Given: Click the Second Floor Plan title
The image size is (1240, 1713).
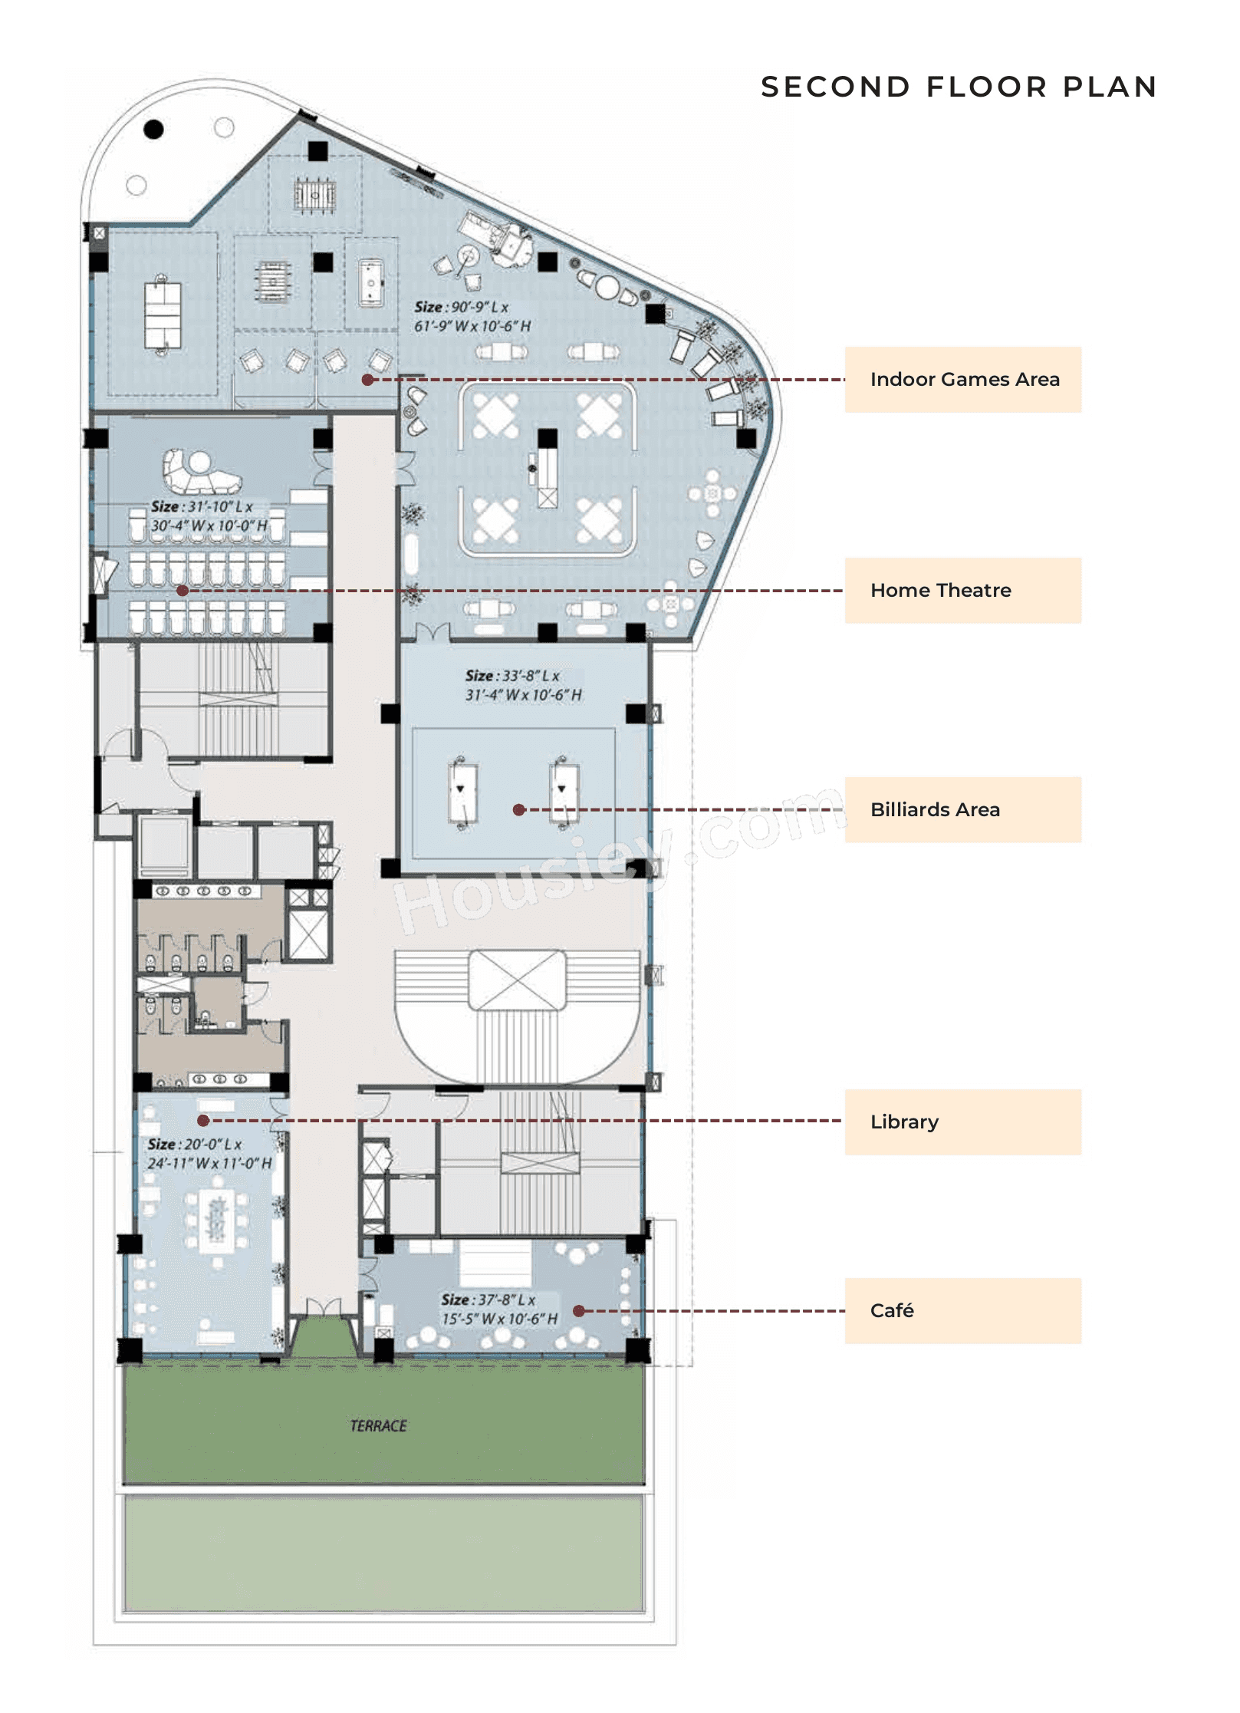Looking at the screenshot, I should click(959, 87).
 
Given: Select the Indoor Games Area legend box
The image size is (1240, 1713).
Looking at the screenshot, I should click(962, 379).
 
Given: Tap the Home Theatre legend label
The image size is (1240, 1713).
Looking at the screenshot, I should click(940, 590).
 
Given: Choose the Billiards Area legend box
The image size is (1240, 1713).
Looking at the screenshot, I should click(962, 809).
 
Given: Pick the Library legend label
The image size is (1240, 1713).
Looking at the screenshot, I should click(904, 1122).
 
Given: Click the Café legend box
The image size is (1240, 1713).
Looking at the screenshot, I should click(962, 1310).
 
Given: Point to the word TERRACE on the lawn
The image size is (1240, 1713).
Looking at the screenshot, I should click(378, 1425).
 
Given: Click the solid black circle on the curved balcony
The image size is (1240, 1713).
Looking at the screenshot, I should click(153, 129).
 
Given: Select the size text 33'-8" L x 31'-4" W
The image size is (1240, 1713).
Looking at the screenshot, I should click(523, 685).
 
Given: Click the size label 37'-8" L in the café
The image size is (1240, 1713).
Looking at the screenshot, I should click(488, 1300).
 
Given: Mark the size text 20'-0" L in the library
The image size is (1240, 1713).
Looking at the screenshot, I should click(195, 1144).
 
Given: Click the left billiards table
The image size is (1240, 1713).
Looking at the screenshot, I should click(462, 792).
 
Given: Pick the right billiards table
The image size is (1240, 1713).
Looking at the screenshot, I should click(564, 792).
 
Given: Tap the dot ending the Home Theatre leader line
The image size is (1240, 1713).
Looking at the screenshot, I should click(183, 590).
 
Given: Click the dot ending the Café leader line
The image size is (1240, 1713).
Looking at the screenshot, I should click(579, 1311).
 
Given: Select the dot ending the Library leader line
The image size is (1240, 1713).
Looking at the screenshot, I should click(203, 1121).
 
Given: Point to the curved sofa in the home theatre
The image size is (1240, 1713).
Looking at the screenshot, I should click(199, 472).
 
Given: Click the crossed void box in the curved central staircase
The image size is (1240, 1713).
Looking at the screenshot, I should click(517, 980).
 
